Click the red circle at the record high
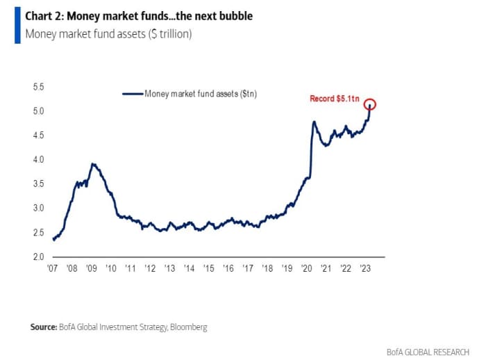[370, 104]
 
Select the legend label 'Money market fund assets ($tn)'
[201, 93]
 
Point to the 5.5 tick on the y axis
[38, 87]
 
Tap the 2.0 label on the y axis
[38, 257]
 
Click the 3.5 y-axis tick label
[38, 184]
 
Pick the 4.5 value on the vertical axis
[38, 136]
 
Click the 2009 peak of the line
[93, 164]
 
